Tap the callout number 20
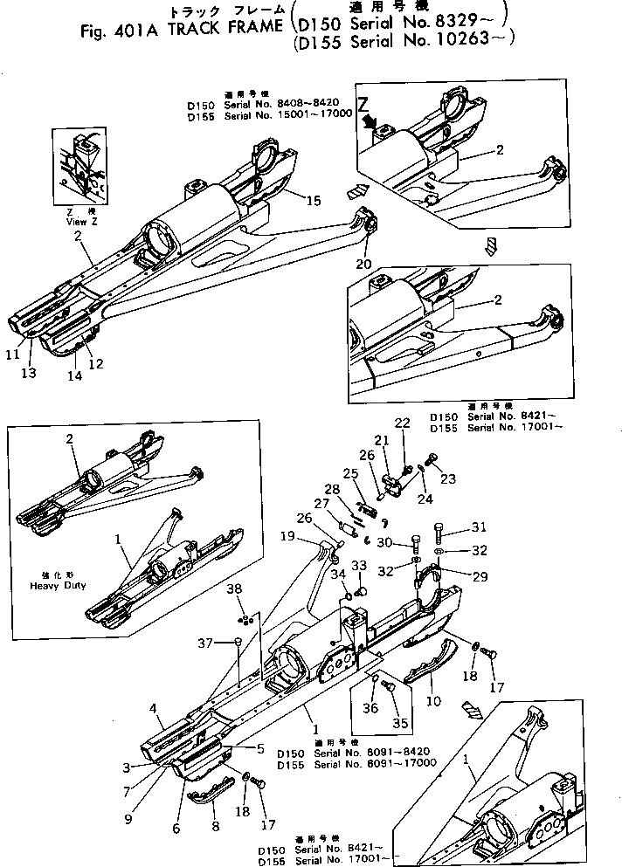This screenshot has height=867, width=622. click(363, 264)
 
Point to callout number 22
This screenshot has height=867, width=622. click(402, 423)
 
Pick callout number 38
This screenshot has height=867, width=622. click(233, 589)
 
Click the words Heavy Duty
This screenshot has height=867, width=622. click(57, 585)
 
